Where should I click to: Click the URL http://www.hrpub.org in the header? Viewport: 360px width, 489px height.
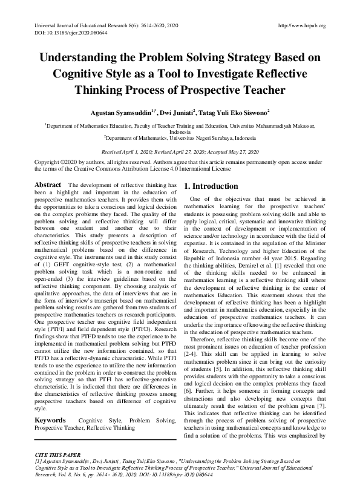coord(301,25)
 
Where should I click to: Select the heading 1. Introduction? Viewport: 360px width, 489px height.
coord(211,186)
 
